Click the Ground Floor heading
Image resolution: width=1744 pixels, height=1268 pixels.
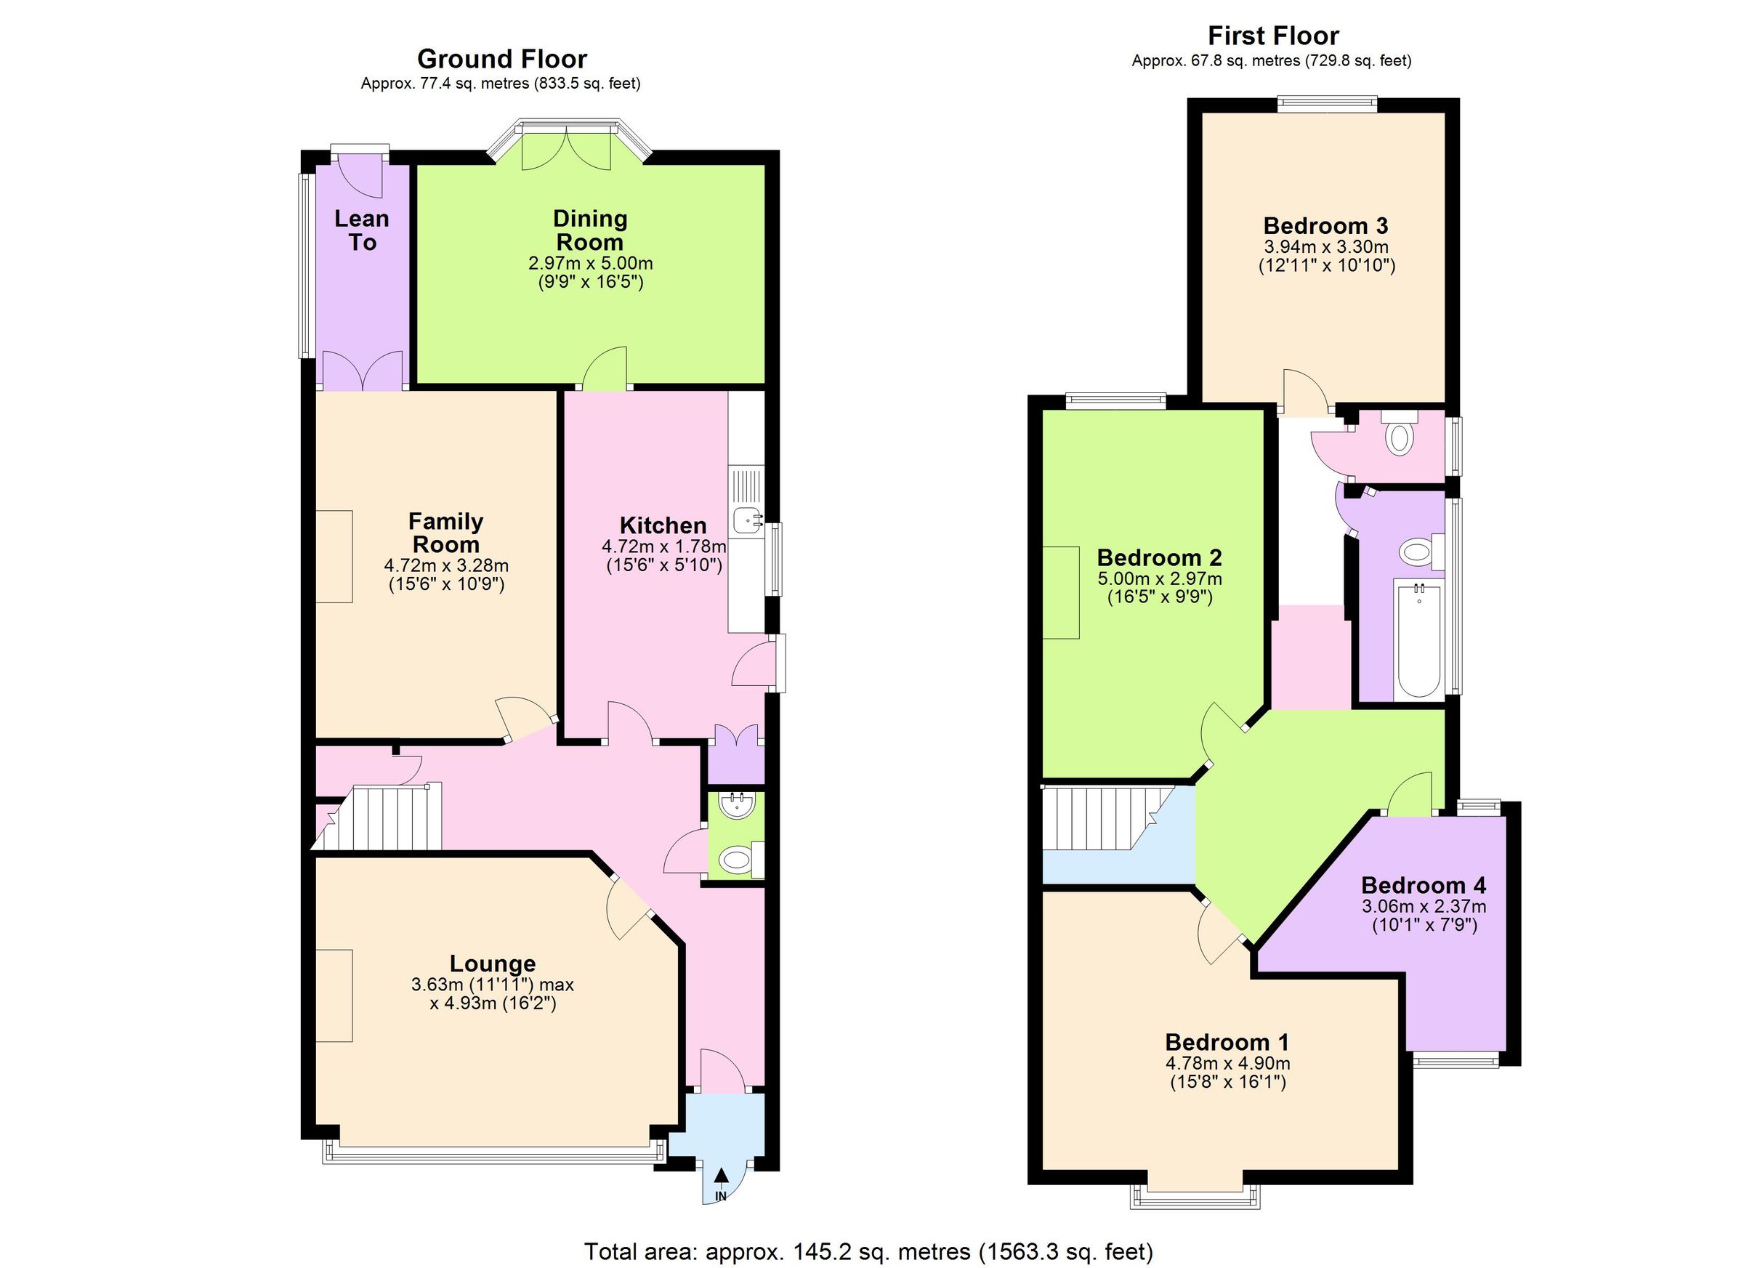501,59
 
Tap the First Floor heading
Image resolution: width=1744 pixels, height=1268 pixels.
1272,36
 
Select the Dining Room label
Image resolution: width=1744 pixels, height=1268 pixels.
590,230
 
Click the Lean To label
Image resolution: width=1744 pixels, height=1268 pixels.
361,230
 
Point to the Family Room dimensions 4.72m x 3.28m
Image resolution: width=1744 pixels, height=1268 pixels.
446,565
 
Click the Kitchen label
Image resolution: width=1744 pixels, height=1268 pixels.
663,526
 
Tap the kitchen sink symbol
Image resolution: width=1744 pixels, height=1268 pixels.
746,520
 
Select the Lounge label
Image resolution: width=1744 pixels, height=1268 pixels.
492,964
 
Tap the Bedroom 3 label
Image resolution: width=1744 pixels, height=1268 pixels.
1325,226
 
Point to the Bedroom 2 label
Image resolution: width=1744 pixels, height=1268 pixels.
1159,557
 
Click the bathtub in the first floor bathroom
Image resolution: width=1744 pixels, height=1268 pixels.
1418,640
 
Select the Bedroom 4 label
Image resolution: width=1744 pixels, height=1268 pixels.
1424,885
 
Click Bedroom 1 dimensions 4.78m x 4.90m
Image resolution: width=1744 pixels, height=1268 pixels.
1227,1064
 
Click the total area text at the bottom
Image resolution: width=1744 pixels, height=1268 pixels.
868,1251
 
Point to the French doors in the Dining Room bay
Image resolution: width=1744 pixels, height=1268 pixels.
567,150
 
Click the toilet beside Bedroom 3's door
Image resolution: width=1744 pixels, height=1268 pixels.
1399,438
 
